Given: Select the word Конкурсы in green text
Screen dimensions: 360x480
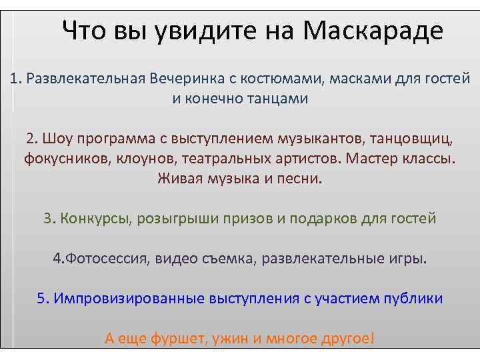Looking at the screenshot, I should click(96, 219).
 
